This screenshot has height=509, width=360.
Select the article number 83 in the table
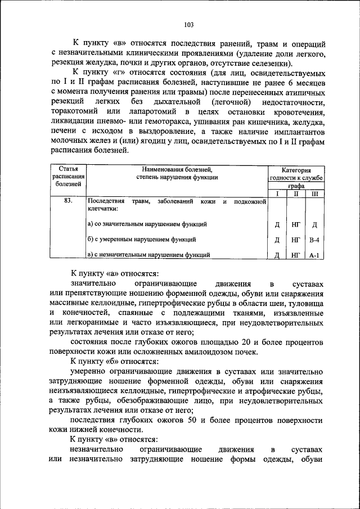click(x=68, y=200)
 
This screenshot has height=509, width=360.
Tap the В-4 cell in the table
click(x=314, y=240)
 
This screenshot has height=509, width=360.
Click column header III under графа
click(x=314, y=193)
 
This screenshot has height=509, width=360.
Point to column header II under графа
click(x=296, y=193)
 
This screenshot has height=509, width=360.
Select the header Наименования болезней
click(x=177, y=169)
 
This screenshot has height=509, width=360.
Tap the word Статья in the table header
click(x=68, y=169)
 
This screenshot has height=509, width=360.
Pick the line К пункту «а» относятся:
click(x=112, y=274)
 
